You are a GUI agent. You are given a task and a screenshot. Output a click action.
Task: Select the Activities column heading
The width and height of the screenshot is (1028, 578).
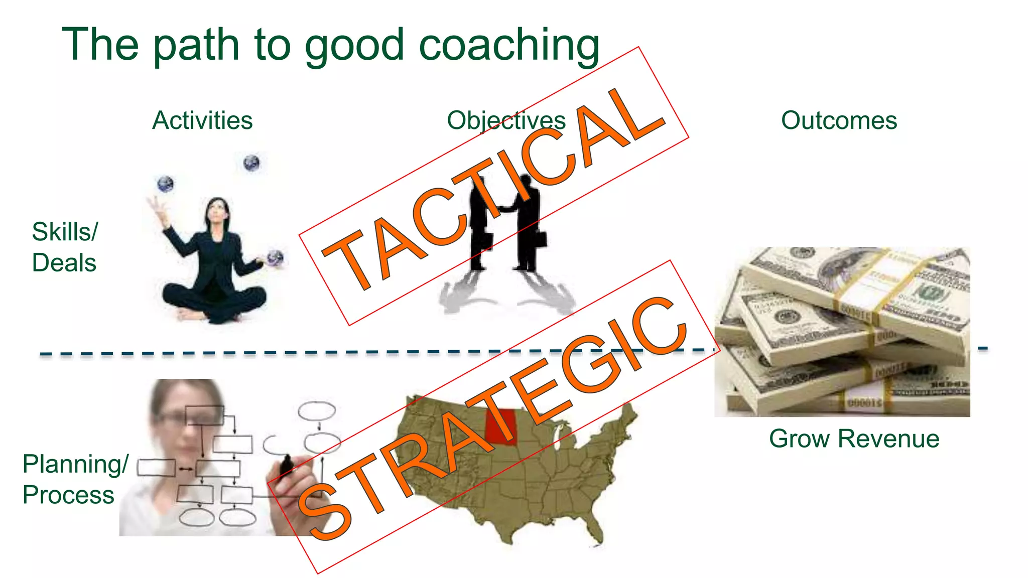(202, 121)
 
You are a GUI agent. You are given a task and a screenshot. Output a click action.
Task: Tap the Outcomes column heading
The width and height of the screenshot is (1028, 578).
(839, 121)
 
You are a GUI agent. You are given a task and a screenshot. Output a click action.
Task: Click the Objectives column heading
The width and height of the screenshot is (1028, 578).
(506, 121)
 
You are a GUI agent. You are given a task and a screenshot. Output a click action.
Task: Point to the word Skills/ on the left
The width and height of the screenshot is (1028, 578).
(65, 232)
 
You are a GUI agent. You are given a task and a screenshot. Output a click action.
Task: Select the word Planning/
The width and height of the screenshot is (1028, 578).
(75, 464)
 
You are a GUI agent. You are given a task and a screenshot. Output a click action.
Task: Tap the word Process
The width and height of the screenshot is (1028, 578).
(68, 495)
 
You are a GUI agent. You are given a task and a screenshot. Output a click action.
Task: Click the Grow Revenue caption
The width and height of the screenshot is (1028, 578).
(854, 439)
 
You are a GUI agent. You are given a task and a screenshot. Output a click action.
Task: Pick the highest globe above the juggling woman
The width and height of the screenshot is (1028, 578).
(251, 163)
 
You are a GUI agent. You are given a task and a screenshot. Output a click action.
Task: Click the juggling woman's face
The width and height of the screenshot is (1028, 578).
(218, 210)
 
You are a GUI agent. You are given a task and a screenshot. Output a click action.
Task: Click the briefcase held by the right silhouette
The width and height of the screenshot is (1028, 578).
(541, 239)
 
